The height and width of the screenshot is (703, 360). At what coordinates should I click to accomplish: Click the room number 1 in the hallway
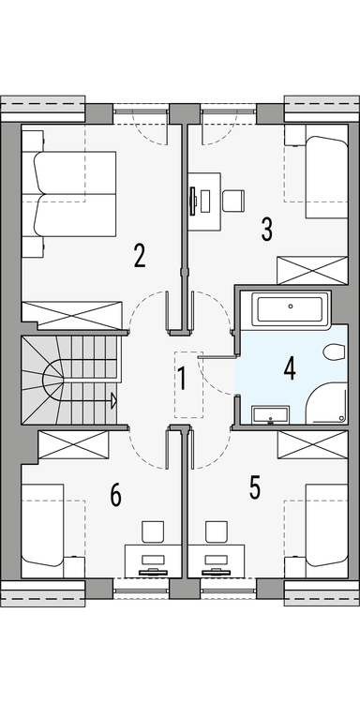(183, 380)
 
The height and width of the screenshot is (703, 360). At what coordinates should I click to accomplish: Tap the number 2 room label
(139, 256)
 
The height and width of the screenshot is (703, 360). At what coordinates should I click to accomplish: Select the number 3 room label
(267, 228)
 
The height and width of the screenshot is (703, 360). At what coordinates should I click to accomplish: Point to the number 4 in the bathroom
(290, 368)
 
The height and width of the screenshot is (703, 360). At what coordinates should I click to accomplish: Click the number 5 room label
(254, 486)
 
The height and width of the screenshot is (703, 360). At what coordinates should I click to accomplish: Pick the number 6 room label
(115, 495)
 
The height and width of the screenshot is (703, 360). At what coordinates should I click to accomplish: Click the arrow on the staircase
(112, 401)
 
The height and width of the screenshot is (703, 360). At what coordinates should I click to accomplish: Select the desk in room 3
(204, 200)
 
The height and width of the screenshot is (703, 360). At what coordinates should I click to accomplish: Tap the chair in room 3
(233, 200)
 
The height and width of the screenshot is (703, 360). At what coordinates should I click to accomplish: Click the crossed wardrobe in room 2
(72, 315)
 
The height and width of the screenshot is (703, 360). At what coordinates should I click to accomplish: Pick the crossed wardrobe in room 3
(311, 270)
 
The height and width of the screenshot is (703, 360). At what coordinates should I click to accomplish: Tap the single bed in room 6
(43, 531)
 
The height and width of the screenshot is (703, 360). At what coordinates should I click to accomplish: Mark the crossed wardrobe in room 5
(311, 444)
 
